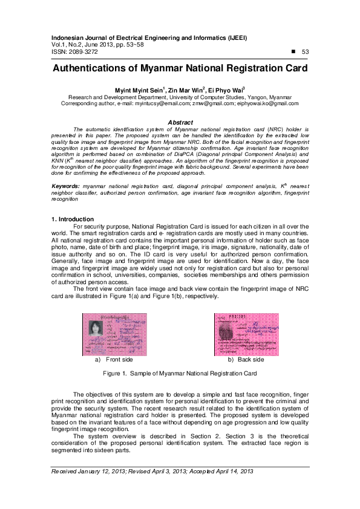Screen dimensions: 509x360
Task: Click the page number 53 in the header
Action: click(x=305, y=52)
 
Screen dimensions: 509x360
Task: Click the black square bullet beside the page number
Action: click(x=293, y=51)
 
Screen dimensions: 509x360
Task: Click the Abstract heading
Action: click(x=180, y=122)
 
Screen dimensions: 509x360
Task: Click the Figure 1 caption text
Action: click(x=180, y=374)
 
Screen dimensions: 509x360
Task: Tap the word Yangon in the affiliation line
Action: click(x=254, y=97)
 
